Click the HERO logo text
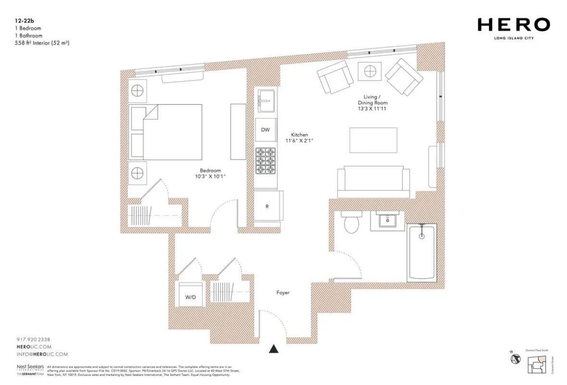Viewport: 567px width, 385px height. coord(514,25)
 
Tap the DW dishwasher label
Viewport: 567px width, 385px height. coord(265,130)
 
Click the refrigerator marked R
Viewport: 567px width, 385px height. coord(267,206)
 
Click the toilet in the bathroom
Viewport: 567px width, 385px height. coord(352,224)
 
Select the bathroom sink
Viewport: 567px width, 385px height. coord(387,221)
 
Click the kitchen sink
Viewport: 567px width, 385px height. coord(265,100)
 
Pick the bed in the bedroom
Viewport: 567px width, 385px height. coord(165,132)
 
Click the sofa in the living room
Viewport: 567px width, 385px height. coord(374,183)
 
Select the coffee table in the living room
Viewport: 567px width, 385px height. coord(373,140)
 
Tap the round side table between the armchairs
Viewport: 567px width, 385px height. coord(370,72)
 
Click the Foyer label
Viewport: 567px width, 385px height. coord(283,292)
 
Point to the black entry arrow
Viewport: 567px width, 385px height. coord(274,349)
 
